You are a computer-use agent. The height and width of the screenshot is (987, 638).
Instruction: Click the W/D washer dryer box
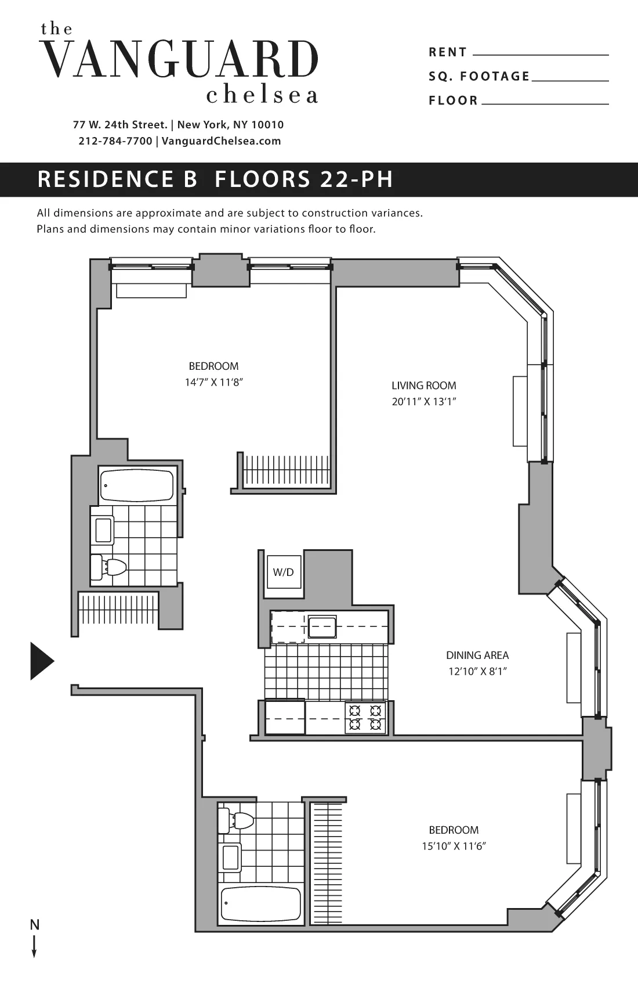(x=284, y=572)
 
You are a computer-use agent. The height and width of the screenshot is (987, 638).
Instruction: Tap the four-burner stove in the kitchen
(x=365, y=718)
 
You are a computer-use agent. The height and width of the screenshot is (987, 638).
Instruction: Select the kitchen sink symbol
(x=322, y=627)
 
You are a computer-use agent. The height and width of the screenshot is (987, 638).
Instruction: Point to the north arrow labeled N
(x=35, y=938)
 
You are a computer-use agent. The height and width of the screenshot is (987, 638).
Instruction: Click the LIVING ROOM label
(x=423, y=386)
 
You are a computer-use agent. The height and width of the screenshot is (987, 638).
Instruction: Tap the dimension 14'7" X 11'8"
(x=213, y=382)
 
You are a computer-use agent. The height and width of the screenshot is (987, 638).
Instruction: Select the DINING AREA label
(x=477, y=655)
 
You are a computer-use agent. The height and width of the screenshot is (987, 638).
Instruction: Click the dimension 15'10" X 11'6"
(x=454, y=846)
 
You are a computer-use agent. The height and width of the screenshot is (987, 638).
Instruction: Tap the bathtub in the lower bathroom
(x=261, y=904)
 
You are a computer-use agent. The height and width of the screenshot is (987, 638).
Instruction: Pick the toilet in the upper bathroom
(x=110, y=567)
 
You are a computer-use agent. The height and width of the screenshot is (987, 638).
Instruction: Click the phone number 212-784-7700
(x=115, y=141)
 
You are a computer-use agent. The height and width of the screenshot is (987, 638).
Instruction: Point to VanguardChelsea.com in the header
(x=221, y=141)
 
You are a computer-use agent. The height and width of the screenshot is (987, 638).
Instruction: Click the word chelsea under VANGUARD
(x=262, y=95)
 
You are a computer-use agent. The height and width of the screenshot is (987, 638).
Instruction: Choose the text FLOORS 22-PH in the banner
(x=304, y=179)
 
